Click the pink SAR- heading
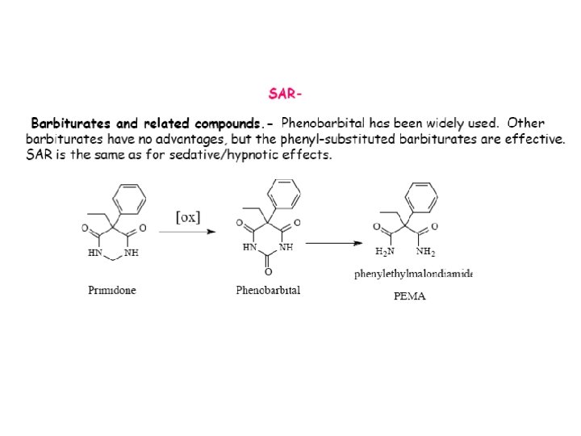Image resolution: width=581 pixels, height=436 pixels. pos(286,94)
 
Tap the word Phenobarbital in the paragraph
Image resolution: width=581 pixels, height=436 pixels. pos(323,124)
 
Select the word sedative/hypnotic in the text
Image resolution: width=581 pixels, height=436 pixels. pos(221,155)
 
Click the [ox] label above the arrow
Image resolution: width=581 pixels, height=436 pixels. pos(188,216)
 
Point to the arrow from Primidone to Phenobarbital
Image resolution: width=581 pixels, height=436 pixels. pos(187,232)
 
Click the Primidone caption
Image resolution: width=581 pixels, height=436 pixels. pos(112,291)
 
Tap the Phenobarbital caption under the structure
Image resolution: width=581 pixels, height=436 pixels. pos(268,291)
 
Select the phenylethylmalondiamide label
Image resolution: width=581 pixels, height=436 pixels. pos(413,275)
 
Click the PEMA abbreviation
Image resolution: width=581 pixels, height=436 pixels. pos(409,296)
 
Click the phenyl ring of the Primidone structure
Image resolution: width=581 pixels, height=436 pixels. pos(130,198)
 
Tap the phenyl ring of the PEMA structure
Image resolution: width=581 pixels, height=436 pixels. pos(421,196)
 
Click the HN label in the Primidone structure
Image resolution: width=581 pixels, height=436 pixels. pos(95,253)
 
